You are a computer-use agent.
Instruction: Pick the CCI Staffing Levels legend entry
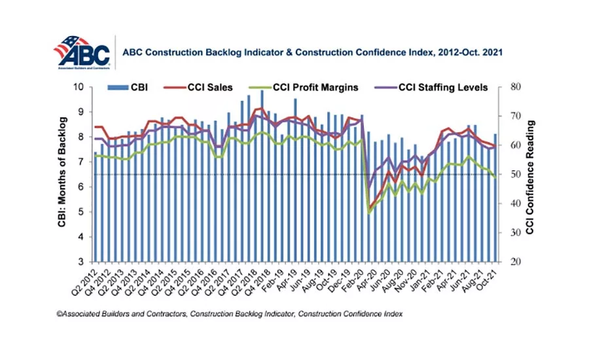tap(419, 87)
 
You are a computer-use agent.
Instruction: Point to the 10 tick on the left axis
tap(79, 87)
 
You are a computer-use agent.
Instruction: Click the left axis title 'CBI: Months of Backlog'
tap(62, 173)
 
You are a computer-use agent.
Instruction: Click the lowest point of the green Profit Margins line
tap(368, 213)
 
